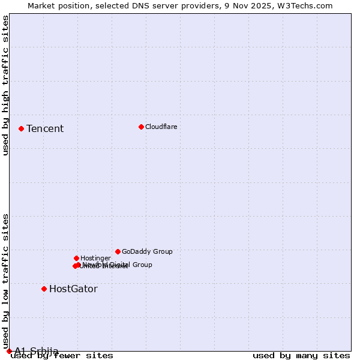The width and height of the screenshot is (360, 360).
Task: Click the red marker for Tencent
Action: pyautogui.click(x=21, y=128)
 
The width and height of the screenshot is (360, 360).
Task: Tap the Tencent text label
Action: pyautogui.click(x=45, y=129)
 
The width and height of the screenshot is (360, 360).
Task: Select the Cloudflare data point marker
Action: pyautogui.click(x=141, y=127)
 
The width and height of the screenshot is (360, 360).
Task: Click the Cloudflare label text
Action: pyautogui.click(x=161, y=127)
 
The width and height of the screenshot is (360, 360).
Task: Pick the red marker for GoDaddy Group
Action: pyautogui.click(x=118, y=251)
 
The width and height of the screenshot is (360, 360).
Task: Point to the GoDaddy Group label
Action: pyautogui.click(x=147, y=252)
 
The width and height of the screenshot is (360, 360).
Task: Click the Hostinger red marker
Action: pyautogui.click(x=76, y=258)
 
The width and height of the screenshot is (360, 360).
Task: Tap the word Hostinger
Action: pyautogui.click(x=95, y=259)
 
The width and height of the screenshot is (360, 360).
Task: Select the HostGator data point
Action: pyautogui.click(x=44, y=289)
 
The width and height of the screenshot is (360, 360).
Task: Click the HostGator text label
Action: pyautogui.click(x=73, y=289)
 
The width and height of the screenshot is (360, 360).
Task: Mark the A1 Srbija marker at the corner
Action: pyautogui.click(x=9, y=351)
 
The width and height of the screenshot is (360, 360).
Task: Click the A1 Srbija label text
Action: pyautogui.click(x=37, y=351)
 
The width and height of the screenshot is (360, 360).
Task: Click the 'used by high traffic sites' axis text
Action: pyautogui.click(x=5, y=85)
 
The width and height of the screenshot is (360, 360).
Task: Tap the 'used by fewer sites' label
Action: pyautogui.click(x=62, y=356)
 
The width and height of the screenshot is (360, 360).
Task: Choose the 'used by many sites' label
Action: pyautogui.click(x=301, y=356)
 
